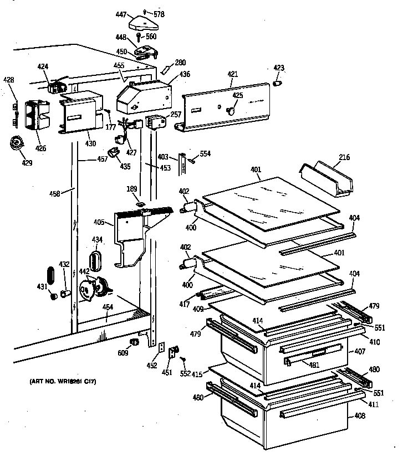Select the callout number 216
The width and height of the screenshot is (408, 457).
click(344, 158)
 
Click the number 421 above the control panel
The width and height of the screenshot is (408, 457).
click(233, 73)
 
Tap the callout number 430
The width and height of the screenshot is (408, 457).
click(90, 144)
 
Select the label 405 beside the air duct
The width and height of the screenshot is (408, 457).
click(99, 223)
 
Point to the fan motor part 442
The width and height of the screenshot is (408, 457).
click(89, 288)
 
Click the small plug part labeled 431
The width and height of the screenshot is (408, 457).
click(54, 296)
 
